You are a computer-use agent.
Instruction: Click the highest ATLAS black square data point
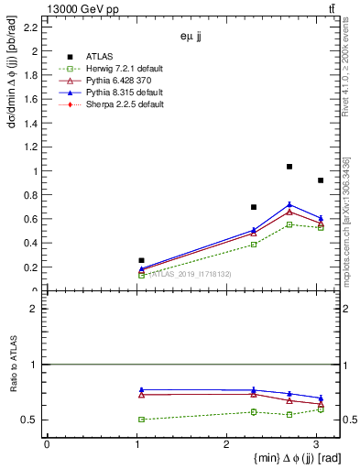pyautogui.click(x=289, y=167)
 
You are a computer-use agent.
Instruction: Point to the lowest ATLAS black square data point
pyautogui.click(x=141, y=260)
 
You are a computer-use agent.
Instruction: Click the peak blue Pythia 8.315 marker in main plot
pyautogui.click(x=289, y=204)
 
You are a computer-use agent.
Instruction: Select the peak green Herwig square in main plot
pyautogui.click(x=289, y=224)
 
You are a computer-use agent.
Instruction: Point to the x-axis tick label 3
pyautogui.click(x=316, y=444)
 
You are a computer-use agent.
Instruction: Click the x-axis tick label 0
pyautogui.click(x=47, y=444)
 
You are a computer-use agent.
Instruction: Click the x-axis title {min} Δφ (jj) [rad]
pyautogui.click(x=276, y=458)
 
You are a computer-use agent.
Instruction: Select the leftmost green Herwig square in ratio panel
pyautogui.click(x=141, y=420)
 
